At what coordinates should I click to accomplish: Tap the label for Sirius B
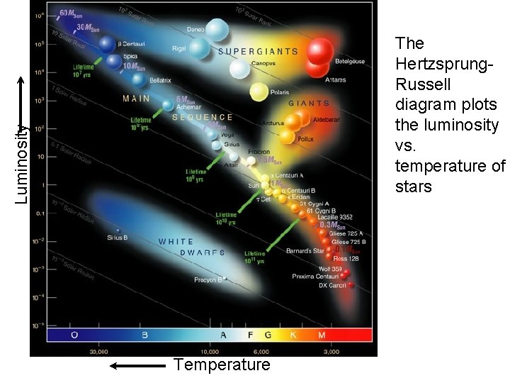coord(117,237)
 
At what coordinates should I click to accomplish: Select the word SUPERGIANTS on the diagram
coord(259,51)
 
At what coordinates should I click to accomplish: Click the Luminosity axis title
coord(22,164)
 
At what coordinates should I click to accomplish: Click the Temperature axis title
coord(222,365)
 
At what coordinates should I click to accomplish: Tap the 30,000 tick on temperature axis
coord(98,351)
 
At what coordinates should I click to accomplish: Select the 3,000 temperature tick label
coord(331,351)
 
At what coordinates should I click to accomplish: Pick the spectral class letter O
coord(74,335)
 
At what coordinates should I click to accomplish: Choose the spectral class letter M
coord(322,335)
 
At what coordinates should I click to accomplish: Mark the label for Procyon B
coord(210,280)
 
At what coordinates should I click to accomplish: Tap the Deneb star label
coord(195,30)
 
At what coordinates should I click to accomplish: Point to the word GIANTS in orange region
coord(309,104)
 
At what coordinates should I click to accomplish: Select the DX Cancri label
coord(332,285)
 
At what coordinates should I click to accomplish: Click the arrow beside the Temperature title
coord(138,366)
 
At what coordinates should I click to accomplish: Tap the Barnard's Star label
coord(305,251)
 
